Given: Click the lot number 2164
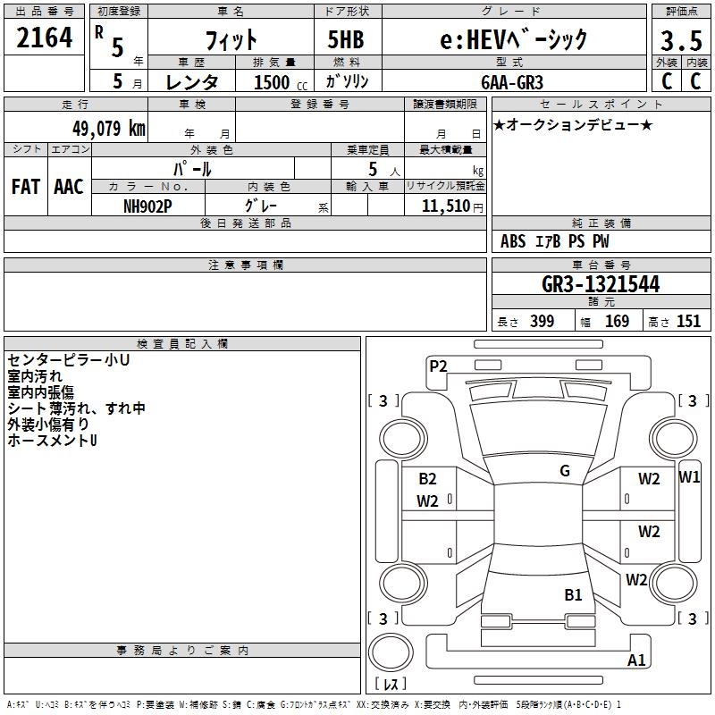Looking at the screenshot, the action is tap(44, 37).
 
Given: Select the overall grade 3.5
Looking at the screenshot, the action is tap(681, 40).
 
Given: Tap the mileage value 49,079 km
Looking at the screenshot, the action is tap(108, 128).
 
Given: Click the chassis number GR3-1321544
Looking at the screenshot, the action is tap(601, 284).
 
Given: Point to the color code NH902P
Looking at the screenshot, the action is tap(147, 206).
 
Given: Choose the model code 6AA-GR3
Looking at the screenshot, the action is tap(512, 82).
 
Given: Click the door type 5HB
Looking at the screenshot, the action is tap(346, 39).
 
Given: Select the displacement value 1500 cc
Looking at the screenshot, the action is tap(281, 82).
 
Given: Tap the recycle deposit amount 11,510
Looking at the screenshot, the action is tap(446, 206).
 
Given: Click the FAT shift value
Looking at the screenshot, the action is tap(26, 187).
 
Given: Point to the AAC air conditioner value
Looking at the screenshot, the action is tap(69, 187).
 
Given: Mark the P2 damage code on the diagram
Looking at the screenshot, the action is tap(438, 366).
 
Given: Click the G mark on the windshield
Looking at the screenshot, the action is tap(565, 470).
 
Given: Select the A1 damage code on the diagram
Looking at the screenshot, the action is tap(636, 660).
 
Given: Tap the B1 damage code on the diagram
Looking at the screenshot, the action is tap(573, 594).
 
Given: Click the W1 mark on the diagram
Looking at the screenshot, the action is tap(689, 477).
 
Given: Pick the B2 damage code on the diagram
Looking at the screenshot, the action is tap(427, 478).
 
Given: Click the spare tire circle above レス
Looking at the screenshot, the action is tap(391, 652).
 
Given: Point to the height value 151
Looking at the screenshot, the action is tap(688, 321).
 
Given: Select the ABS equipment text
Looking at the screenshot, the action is tap(513, 240).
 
